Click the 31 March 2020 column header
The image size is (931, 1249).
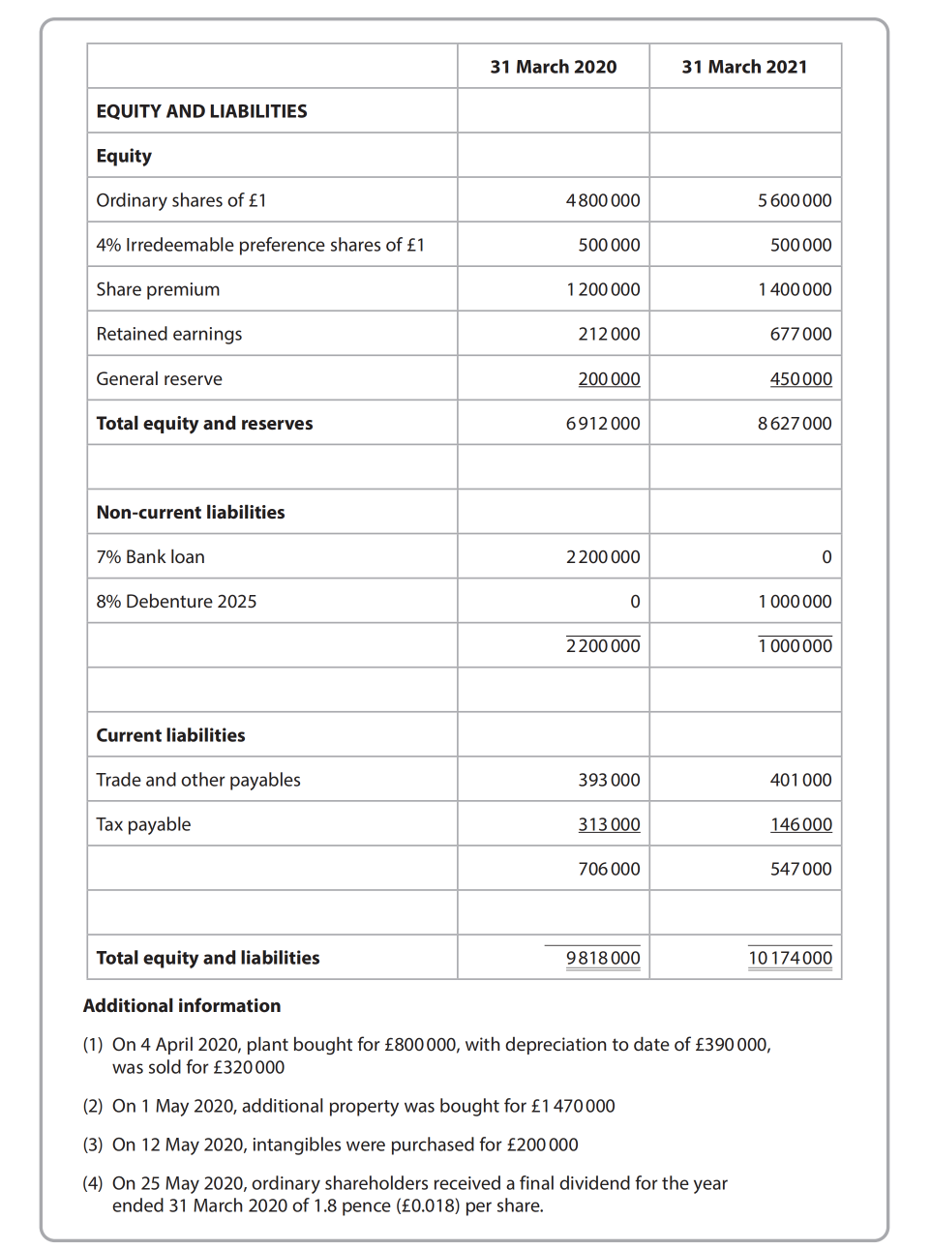click(x=553, y=67)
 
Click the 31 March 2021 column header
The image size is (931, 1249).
click(x=744, y=67)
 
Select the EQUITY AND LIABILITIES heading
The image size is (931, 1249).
click(x=201, y=111)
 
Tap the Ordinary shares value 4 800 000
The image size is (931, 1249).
click(x=603, y=200)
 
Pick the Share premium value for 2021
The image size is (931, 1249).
click(x=795, y=289)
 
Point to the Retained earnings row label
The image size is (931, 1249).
click(x=169, y=334)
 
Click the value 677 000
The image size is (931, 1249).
click(x=800, y=334)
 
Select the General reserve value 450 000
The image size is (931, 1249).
click(x=800, y=379)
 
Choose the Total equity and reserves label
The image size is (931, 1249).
click(x=204, y=424)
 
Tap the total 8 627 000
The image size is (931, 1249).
click(x=795, y=424)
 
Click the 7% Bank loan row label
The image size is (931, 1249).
click(x=150, y=557)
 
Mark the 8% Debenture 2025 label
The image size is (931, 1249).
click(x=176, y=602)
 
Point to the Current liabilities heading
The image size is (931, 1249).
click(x=170, y=735)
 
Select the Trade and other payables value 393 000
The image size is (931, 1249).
click(x=609, y=780)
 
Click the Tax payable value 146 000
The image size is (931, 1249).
click(x=800, y=824)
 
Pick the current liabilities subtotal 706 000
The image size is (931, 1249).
click(x=609, y=869)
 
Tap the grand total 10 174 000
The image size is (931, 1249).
click(x=790, y=958)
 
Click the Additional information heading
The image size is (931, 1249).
click(x=182, y=1006)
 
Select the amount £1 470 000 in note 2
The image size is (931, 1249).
click(x=573, y=1106)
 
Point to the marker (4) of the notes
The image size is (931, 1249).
click(x=93, y=1183)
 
